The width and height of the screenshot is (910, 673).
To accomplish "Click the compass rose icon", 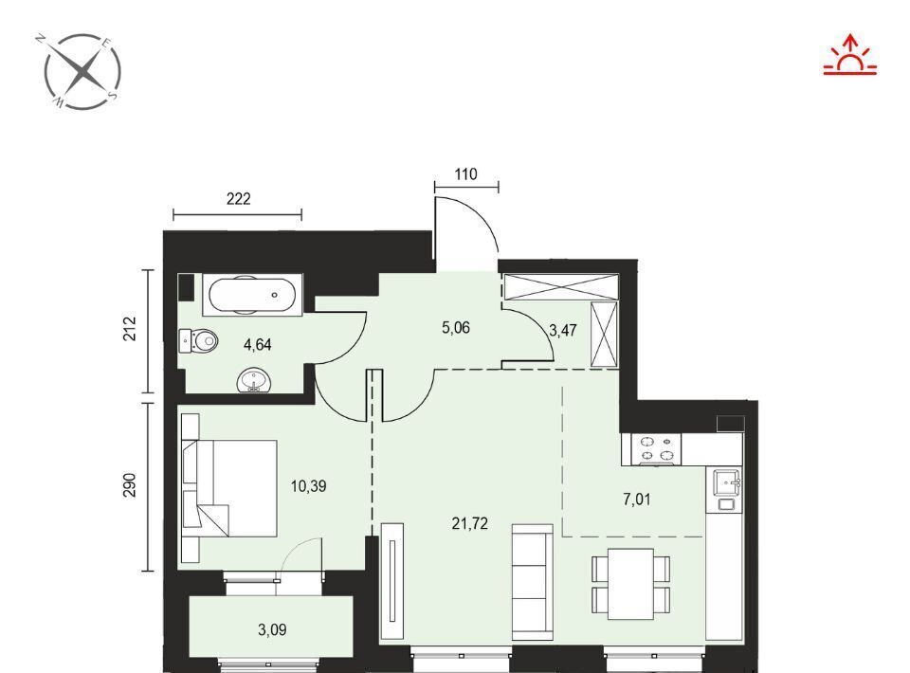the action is [x=82, y=71].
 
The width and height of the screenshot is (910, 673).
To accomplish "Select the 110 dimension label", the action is [x=465, y=174].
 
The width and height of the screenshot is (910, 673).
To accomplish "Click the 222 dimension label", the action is [x=238, y=199].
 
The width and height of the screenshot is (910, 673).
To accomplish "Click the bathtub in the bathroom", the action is [x=252, y=294].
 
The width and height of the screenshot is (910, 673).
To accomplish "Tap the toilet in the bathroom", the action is [x=197, y=340].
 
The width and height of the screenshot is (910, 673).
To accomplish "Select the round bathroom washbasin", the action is [x=254, y=381].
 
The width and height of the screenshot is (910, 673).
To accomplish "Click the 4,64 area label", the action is [x=257, y=345].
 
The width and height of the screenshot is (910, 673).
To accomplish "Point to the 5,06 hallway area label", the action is [x=456, y=328].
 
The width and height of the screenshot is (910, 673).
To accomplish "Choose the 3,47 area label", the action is [x=562, y=331].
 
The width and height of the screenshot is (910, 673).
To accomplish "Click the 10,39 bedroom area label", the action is [x=308, y=486].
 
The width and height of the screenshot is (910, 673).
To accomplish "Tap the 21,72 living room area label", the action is [x=469, y=524].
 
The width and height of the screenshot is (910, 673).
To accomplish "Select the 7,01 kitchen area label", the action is [x=637, y=500].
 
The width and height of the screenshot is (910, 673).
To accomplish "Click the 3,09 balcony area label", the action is [x=272, y=629].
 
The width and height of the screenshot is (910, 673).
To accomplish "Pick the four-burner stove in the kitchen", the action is [x=651, y=449].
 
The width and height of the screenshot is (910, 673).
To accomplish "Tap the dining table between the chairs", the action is [x=631, y=584].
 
